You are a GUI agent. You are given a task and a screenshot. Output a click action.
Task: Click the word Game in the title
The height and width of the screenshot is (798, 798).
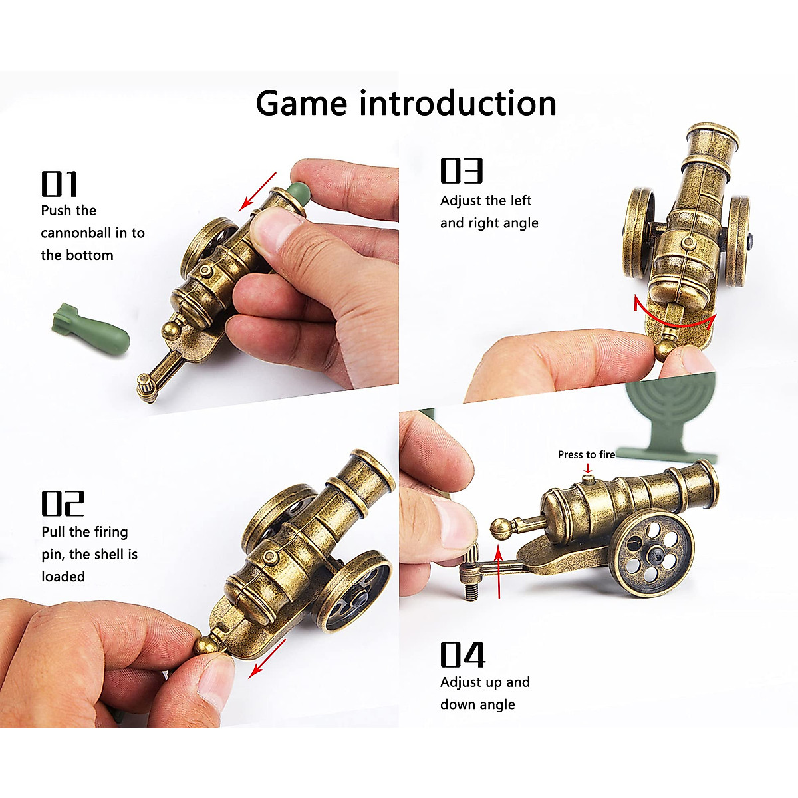(301, 104)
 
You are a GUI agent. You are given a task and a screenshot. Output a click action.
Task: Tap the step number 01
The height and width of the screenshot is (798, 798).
(60, 184)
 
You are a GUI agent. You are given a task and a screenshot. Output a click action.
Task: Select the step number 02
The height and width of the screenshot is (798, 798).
(63, 503)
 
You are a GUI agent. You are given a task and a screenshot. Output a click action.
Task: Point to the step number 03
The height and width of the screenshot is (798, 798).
(462, 170)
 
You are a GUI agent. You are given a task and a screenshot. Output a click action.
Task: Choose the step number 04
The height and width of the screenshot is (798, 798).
(463, 655)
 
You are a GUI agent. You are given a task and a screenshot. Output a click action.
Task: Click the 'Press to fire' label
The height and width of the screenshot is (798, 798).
(586, 455)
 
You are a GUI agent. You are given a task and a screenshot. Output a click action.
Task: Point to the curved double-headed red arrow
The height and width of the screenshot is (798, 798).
(673, 318)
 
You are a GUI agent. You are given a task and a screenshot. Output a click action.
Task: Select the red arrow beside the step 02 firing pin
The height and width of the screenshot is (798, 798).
(267, 659)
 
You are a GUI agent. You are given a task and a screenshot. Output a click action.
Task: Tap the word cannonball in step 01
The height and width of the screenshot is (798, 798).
(77, 233)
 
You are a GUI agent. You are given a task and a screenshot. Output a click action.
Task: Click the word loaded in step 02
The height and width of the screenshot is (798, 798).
(63, 577)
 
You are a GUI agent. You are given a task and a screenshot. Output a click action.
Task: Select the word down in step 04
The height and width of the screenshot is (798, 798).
(459, 704)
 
